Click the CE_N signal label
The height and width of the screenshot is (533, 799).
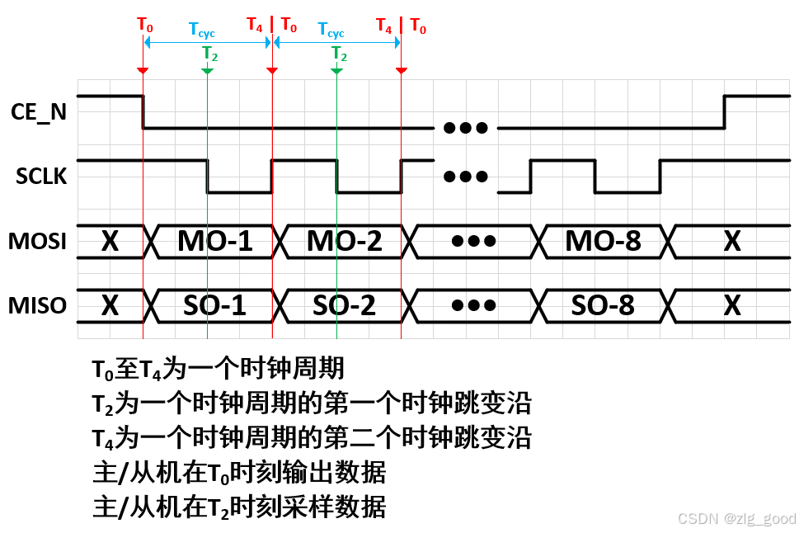(x=39, y=112)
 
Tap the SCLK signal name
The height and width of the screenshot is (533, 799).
(x=41, y=177)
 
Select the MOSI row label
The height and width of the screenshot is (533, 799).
(x=38, y=241)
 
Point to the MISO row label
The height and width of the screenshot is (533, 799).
(x=38, y=305)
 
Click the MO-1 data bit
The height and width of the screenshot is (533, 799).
(x=214, y=241)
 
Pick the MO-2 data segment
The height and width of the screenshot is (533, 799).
(x=344, y=241)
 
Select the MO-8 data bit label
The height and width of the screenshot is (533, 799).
(x=603, y=241)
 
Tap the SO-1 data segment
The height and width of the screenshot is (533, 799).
(x=214, y=305)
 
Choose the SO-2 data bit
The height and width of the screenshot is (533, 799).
(x=344, y=305)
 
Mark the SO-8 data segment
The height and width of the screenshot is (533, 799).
(x=603, y=305)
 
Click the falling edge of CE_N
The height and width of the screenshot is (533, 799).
(x=143, y=112)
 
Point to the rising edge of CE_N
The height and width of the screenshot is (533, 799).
(x=724, y=112)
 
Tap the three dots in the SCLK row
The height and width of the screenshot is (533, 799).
(x=466, y=177)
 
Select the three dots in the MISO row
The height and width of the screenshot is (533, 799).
(x=474, y=305)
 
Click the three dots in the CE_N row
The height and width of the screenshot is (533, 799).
(x=466, y=128)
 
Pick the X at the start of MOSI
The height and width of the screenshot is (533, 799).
(x=110, y=241)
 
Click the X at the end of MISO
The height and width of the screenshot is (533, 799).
(x=731, y=305)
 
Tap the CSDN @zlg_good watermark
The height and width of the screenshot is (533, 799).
(x=736, y=518)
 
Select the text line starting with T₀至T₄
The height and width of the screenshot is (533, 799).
(x=218, y=368)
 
